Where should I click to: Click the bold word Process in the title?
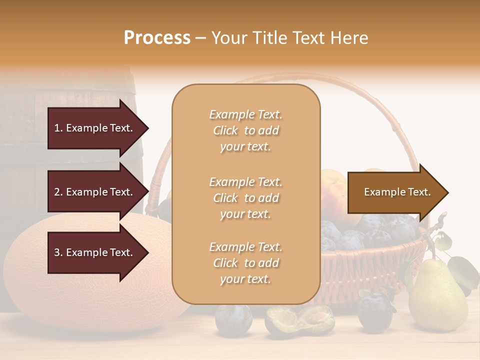click(x=157, y=37)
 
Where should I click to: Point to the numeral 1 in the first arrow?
click(x=57, y=128)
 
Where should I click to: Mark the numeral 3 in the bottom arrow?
click(x=57, y=252)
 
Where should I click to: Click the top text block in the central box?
click(x=245, y=130)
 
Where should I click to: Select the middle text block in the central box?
click(x=245, y=198)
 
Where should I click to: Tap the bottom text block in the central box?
click(x=245, y=263)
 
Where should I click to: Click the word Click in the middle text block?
click(x=225, y=198)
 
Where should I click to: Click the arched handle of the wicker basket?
click(x=380, y=100)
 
